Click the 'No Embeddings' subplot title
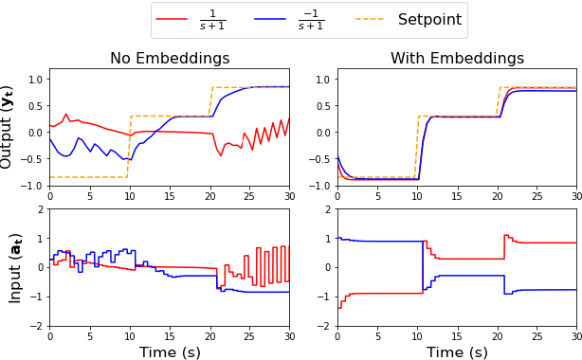[170, 59]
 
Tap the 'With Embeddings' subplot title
[457, 59]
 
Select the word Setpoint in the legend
[429, 20]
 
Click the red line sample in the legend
[172, 20]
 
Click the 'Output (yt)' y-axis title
[9, 126]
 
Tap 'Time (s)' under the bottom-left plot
[170, 351]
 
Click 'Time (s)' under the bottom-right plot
[457, 351]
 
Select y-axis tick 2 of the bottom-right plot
[327, 209]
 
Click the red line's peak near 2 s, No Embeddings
[65, 115]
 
